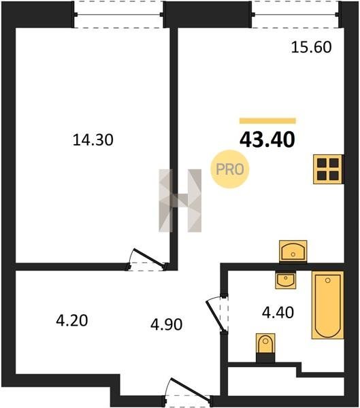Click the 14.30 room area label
[x=93, y=139]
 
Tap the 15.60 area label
[x=311, y=48]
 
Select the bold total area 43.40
[x=267, y=139]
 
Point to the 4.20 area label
[x=72, y=320]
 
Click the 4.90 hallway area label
[x=167, y=324]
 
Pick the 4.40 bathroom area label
[x=278, y=313]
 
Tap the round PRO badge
[x=230, y=169]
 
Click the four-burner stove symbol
[x=328, y=169]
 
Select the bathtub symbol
[x=328, y=305]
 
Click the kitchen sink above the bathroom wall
[x=293, y=252]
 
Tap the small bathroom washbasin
[x=286, y=279]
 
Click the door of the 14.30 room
[x=149, y=258]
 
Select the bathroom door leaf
[x=214, y=316]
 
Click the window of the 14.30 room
[x=118, y=14]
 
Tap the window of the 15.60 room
[x=295, y=14]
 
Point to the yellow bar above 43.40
[x=267, y=121]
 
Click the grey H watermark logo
[x=180, y=201]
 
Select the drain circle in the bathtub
[x=328, y=280]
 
